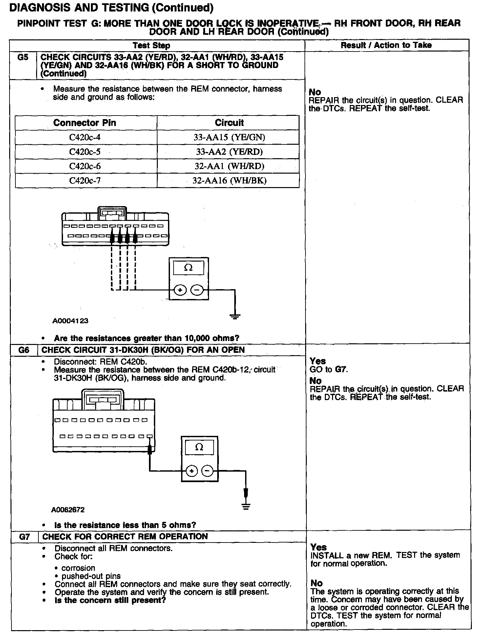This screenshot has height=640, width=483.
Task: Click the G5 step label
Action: tap(23, 57)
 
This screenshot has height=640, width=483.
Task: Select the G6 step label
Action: tap(24, 350)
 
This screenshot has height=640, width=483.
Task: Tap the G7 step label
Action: tap(25, 537)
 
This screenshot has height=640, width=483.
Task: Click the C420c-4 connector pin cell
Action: tap(85, 137)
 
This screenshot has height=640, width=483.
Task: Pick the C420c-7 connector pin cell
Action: tap(85, 181)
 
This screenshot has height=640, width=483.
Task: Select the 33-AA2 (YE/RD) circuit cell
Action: tap(229, 152)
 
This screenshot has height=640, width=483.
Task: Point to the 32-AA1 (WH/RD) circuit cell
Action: tap(229, 166)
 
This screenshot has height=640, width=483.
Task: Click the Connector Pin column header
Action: tap(85, 123)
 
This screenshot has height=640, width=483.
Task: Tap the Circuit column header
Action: tap(229, 123)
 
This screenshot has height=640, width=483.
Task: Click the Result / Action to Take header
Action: tap(386, 45)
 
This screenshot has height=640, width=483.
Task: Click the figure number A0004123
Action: tap(71, 321)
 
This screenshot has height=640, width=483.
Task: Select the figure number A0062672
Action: tap(68, 510)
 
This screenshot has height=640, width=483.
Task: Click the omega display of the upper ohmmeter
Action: tap(188, 268)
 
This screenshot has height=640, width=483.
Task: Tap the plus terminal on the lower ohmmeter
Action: tap(192, 471)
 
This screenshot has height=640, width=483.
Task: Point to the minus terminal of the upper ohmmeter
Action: tap(197, 290)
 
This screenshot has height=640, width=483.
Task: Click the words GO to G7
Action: tap(329, 370)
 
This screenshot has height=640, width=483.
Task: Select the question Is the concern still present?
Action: tap(110, 600)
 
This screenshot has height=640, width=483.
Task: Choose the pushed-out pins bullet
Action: tap(91, 576)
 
